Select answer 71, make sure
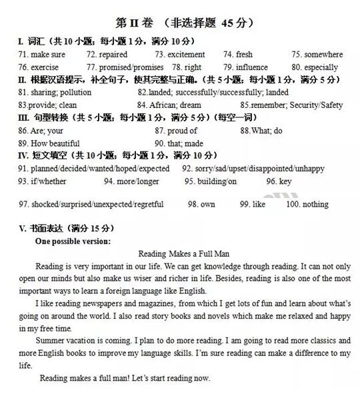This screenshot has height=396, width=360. click(x=42, y=55)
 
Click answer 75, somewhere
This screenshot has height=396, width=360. click(x=317, y=55)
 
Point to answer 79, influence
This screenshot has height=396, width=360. click(x=245, y=67)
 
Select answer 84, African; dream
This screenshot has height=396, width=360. click(x=169, y=105)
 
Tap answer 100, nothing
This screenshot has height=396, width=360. click(x=307, y=205)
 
